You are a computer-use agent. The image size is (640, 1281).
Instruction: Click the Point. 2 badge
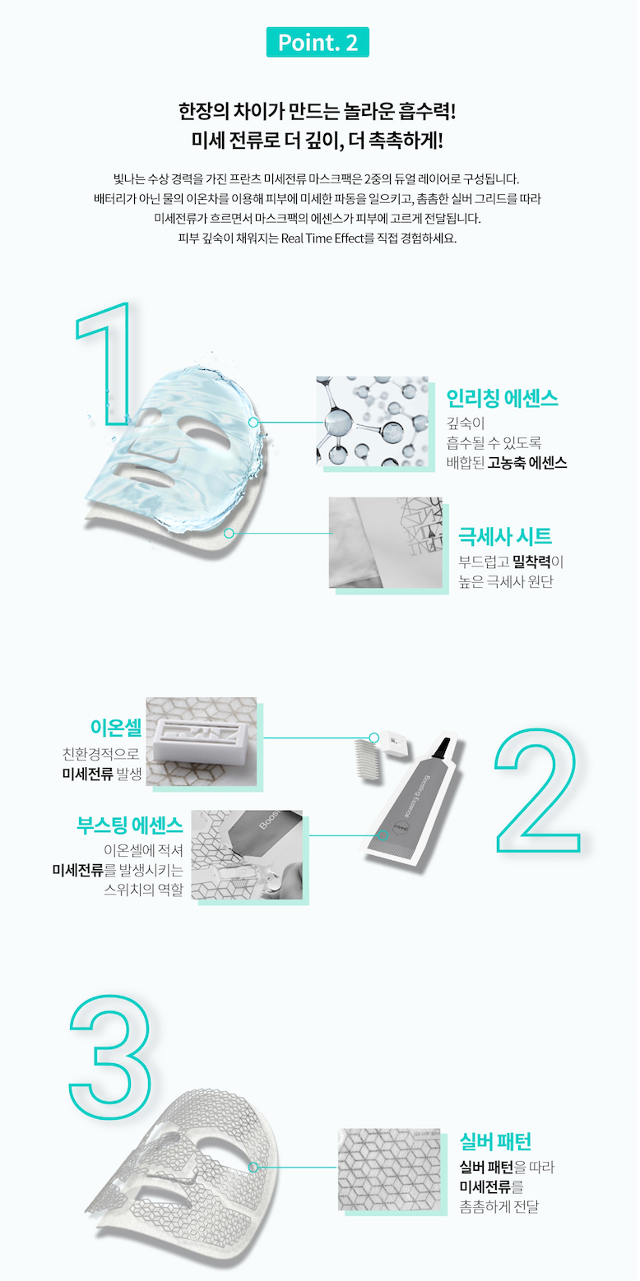click(318, 42)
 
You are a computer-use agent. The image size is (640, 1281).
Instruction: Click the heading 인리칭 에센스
click(502, 398)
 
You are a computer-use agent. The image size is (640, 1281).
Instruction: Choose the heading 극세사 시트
click(505, 536)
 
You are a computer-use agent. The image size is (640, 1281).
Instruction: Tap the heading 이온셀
click(116, 727)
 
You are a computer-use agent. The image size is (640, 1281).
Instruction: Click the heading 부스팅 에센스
click(130, 824)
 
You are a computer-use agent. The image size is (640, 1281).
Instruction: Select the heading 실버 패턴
click(495, 1141)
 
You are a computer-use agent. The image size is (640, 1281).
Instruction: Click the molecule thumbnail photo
click(373, 421)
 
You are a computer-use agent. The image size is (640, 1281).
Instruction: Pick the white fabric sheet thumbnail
click(386, 542)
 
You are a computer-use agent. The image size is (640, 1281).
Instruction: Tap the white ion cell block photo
click(202, 741)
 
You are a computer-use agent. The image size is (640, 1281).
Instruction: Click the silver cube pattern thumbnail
click(389, 1169)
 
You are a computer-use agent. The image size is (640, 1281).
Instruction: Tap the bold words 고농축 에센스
click(526, 463)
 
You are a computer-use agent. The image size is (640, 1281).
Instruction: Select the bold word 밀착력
click(531, 562)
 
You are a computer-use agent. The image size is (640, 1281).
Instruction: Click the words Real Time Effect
click(322, 238)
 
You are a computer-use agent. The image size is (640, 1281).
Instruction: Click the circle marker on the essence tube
click(384, 835)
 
